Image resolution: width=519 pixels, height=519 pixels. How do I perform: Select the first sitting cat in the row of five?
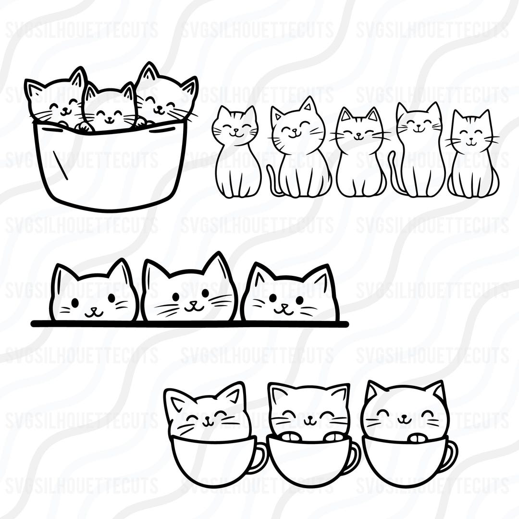coord(236,154)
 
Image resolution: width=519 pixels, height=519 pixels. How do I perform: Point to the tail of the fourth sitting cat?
coord(393,173)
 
